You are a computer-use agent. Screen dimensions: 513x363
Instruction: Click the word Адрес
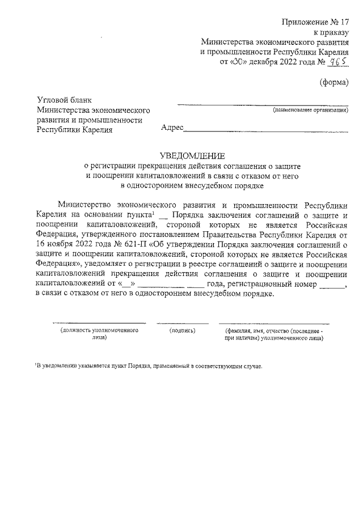pos(172,128)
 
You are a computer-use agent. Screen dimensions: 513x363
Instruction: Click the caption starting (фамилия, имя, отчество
pos(274,333)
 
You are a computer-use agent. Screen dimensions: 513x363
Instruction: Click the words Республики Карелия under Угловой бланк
pos(74,130)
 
